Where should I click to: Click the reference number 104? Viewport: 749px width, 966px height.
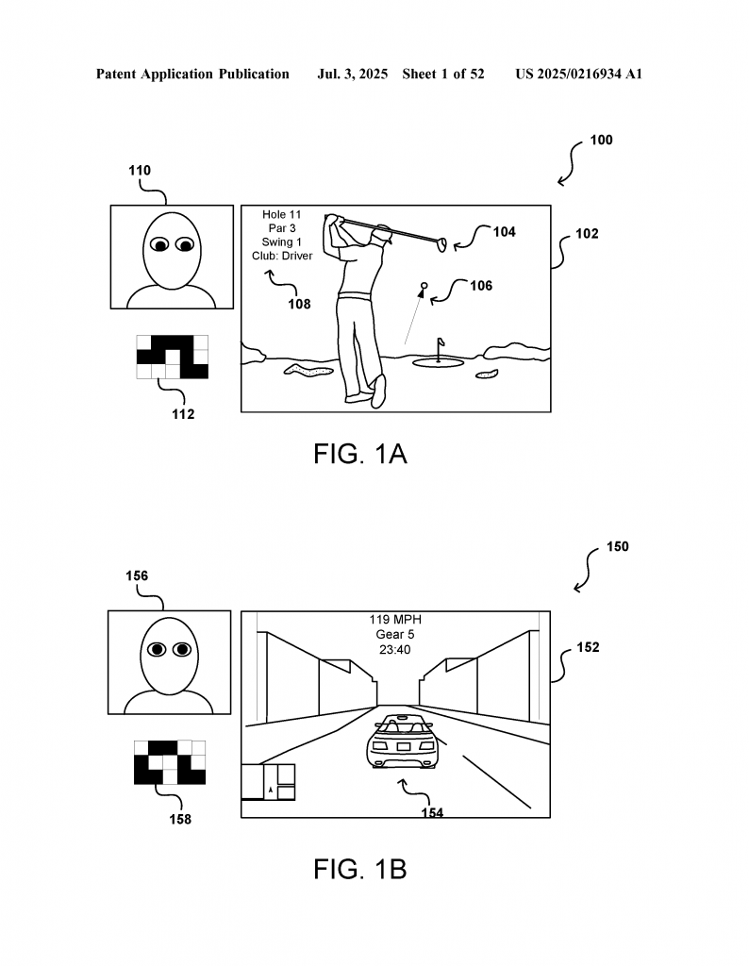click(x=504, y=232)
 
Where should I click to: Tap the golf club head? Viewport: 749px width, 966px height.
click(x=441, y=244)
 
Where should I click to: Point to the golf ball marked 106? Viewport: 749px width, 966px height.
click(x=424, y=285)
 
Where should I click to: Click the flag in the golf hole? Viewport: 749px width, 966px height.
click(x=441, y=341)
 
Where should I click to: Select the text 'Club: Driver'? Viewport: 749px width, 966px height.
click(x=282, y=256)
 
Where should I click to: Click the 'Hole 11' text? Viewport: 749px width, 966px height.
click(x=281, y=214)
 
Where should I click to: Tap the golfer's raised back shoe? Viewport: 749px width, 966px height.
click(x=378, y=391)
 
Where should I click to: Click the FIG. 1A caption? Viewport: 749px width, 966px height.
click(x=359, y=454)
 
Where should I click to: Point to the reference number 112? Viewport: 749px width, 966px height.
click(x=183, y=414)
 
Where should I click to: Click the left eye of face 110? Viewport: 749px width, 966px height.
click(x=160, y=245)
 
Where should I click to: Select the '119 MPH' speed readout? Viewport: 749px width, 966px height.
click(x=395, y=619)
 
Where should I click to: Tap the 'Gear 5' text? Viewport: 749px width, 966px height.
click(x=395, y=634)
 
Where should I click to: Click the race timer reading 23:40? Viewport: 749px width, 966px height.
click(x=395, y=649)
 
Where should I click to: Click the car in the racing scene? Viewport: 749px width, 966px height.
click(x=402, y=741)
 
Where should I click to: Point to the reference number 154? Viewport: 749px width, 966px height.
click(x=432, y=812)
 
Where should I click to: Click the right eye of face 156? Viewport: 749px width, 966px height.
click(x=182, y=649)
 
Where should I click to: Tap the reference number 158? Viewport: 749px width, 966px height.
click(x=180, y=820)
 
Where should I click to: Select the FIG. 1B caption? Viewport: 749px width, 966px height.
click(x=359, y=869)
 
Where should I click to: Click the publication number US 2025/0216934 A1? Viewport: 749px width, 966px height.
click(x=579, y=74)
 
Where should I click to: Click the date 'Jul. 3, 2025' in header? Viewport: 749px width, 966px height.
click(x=352, y=74)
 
